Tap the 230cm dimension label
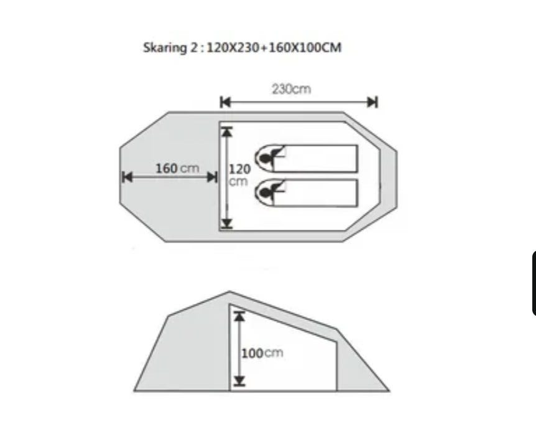pyautogui.click(x=291, y=90)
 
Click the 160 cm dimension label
pyautogui.click(x=177, y=169)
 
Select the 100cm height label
pyautogui.click(x=262, y=352)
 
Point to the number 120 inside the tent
pyautogui.click(x=239, y=169)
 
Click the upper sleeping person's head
pyautogui.click(x=266, y=158)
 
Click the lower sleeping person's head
pyautogui.click(x=266, y=192)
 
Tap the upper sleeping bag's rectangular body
pyautogui.click(x=315, y=159)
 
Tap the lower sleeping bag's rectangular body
pyautogui.click(x=315, y=193)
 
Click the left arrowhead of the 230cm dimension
pyautogui.click(x=225, y=102)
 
